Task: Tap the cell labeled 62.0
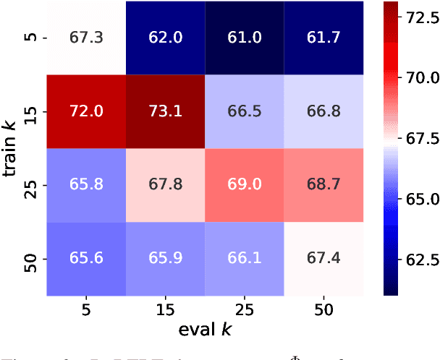(166, 38)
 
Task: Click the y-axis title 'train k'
(12, 148)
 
